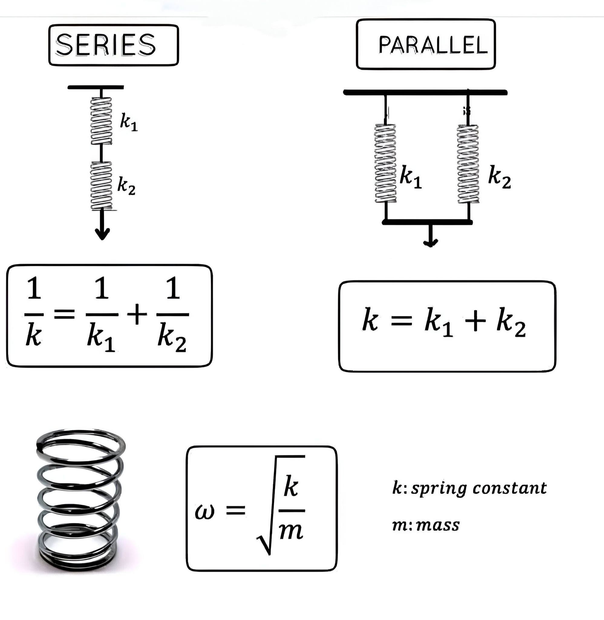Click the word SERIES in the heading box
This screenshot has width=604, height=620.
tap(106, 45)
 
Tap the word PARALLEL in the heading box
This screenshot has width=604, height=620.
tap(433, 45)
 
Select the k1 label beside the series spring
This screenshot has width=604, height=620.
tap(129, 122)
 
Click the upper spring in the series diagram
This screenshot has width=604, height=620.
tap(102, 120)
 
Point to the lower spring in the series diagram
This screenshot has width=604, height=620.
tap(102, 186)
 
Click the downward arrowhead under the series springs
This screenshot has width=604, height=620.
tap(102, 233)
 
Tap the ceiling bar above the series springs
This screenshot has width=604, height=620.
tap(96, 87)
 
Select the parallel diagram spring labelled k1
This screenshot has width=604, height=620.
tap(385, 163)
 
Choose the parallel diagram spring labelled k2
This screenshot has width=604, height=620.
tap(468, 163)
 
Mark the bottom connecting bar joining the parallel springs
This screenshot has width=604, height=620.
tap(427, 222)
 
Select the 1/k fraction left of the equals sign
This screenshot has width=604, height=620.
tap(34, 311)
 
